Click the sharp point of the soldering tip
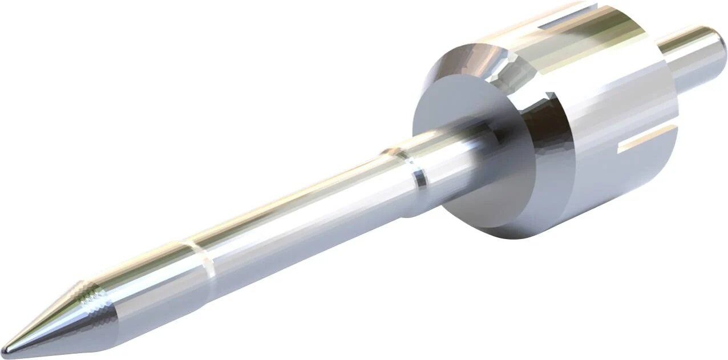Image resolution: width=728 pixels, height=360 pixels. click(5, 349)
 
